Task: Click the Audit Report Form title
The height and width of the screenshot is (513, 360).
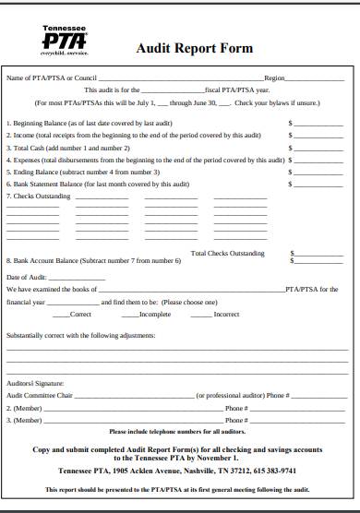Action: tap(194, 49)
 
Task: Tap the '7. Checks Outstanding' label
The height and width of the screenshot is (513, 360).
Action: tap(36, 197)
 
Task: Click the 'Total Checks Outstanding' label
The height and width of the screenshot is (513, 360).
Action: tap(227, 253)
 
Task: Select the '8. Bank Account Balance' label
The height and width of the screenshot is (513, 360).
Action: tap(52, 261)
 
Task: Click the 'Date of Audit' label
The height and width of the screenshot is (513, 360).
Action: tap(26, 277)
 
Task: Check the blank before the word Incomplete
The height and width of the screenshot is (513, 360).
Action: tap(123, 315)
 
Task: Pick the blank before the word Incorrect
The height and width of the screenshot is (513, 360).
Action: tap(198, 315)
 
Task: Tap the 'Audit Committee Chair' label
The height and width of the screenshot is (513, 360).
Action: tap(39, 394)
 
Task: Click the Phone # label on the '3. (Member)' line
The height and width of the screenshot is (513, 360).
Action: tap(235, 420)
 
